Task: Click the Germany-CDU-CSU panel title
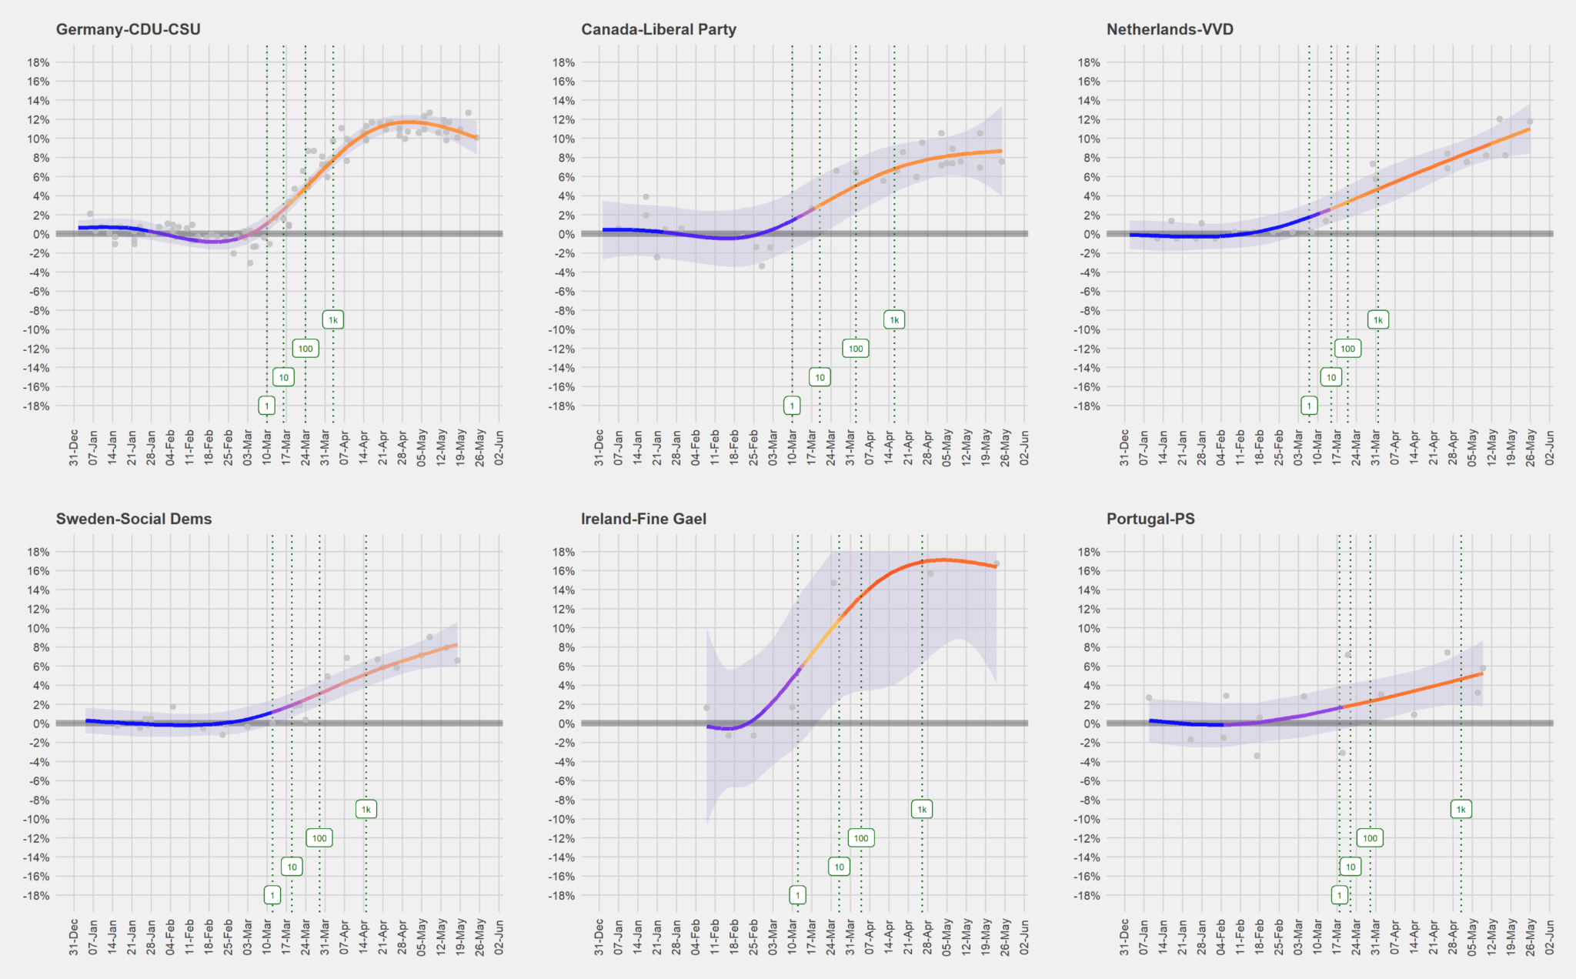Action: (x=128, y=29)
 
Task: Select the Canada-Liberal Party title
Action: (x=658, y=29)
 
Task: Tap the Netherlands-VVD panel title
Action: (x=1170, y=29)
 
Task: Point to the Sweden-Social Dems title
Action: (x=133, y=519)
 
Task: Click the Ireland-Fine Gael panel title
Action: (x=643, y=519)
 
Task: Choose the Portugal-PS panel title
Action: (x=1150, y=519)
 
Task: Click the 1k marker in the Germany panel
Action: (x=333, y=320)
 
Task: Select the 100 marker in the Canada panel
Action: (x=856, y=349)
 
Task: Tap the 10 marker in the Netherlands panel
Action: (x=1331, y=377)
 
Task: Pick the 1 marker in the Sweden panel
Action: (x=272, y=895)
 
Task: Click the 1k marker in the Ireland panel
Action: (x=922, y=810)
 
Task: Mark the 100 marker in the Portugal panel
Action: (x=1370, y=838)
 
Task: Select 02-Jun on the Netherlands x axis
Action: (x=1549, y=447)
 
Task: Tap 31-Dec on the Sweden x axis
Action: (x=74, y=937)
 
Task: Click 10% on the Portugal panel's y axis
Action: (x=1088, y=628)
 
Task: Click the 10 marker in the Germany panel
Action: (x=284, y=377)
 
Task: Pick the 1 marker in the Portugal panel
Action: (x=1340, y=895)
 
